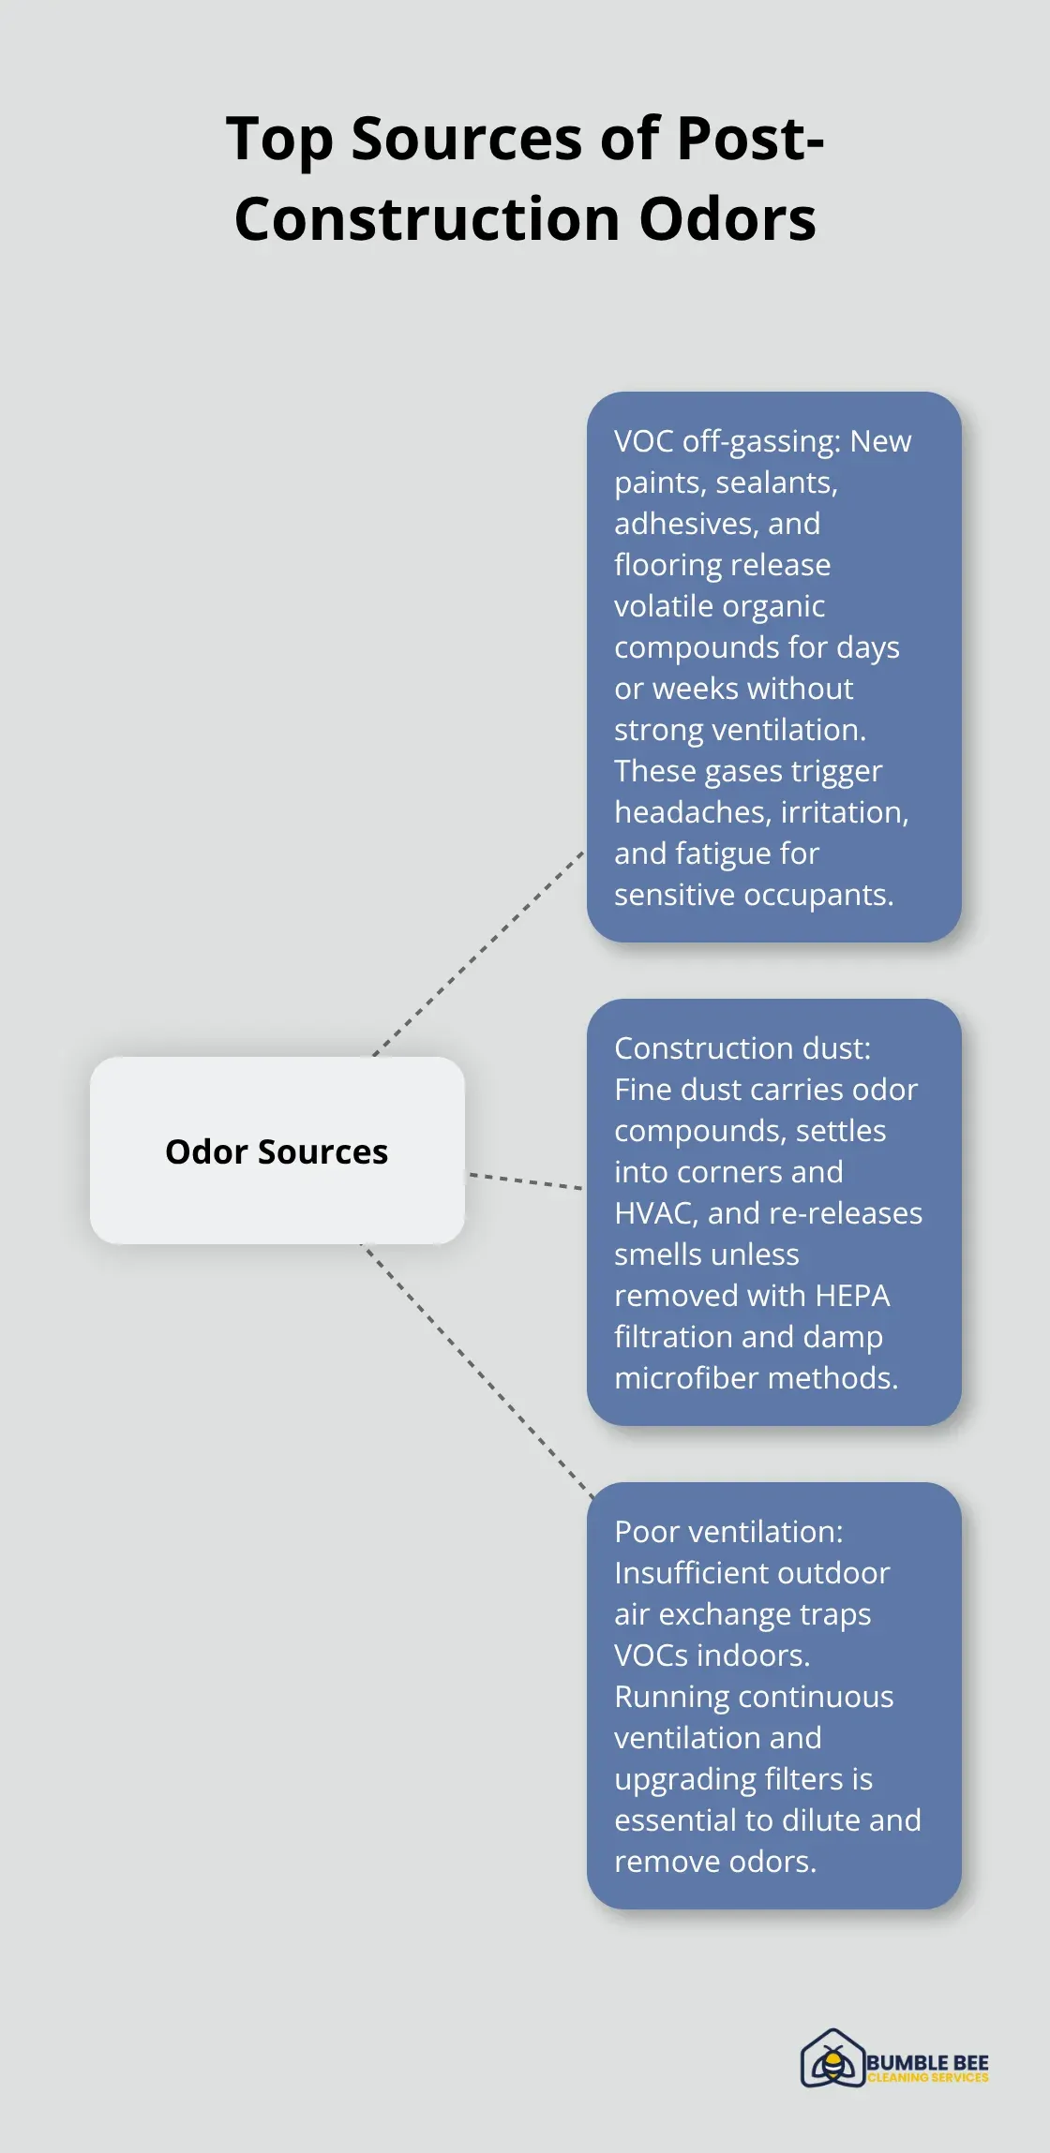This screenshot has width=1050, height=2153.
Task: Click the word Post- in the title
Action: tap(749, 139)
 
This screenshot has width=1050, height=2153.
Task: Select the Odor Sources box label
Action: tap(277, 1151)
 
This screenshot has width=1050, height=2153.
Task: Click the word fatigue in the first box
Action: tap(717, 854)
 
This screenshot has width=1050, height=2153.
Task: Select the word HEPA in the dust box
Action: tap(852, 1296)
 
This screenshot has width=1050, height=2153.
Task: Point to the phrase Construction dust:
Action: tap(742, 1048)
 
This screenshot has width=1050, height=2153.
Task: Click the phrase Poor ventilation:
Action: tap(728, 1532)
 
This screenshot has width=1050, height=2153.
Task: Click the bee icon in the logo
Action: tap(832, 2060)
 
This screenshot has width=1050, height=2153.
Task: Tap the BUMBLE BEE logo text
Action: tap(927, 2062)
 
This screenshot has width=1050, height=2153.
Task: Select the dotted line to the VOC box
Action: tap(478, 955)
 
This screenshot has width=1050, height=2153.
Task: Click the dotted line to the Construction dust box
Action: tap(525, 1181)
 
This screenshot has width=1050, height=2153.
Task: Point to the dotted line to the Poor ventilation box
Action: tap(478, 1372)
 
